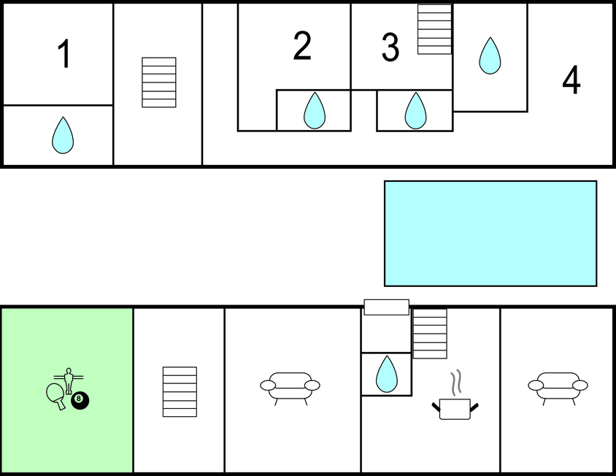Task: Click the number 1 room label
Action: tap(64, 54)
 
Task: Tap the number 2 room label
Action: tap(302, 45)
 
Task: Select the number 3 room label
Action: tap(390, 47)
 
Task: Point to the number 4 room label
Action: tap(571, 80)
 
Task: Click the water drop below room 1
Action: tap(63, 135)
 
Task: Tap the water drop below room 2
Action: tap(315, 110)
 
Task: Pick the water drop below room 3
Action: tap(415, 110)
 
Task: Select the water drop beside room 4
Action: tap(490, 55)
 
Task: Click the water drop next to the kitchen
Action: tap(387, 375)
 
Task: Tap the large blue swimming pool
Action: tap(490, 234)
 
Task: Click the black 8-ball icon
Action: tap(80, 400)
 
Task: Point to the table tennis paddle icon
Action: tap(55, 396)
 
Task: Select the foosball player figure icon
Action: tap(69, 380)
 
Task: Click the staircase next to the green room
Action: tap(180, 392)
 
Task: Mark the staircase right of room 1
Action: tap(159, 82)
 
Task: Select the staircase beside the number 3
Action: tap(434, 29)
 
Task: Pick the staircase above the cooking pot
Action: tap(430, 334)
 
